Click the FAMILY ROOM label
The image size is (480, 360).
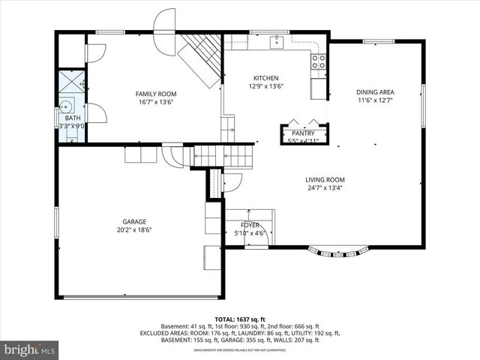[154, 94]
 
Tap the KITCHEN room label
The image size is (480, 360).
[265, 78]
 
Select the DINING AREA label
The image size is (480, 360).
[375, 93]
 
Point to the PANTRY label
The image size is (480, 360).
[303, 133]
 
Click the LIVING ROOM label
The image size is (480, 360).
[325, 179]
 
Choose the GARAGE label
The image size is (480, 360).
[134, 221]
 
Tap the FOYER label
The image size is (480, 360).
[250, 225]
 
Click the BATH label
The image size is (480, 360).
[72, 118]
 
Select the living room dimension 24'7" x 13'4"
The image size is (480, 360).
[325, 188]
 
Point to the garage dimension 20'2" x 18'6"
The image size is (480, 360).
[134, 230]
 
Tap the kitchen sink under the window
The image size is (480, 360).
[276, 42]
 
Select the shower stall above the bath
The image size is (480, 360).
[71, 82]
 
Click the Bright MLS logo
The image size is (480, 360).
[30, 349]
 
